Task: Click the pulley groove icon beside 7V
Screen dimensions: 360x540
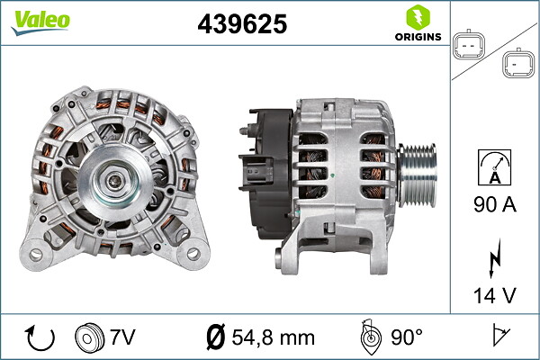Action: (x=90, y=337)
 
